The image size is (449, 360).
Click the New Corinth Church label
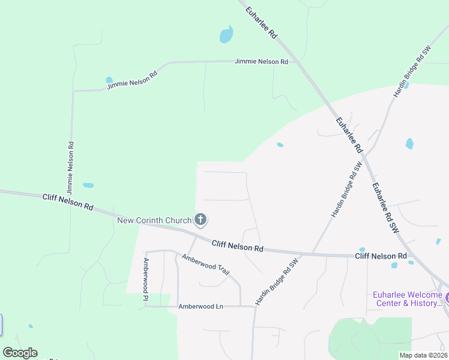pos(154,220)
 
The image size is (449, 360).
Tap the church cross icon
pos(200,220)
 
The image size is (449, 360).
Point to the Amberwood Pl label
pos(145,279)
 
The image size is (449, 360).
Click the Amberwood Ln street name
pos(200,307)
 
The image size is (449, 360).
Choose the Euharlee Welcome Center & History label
pos(407,299)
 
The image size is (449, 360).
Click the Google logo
pos(20,353)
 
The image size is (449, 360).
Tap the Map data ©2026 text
pos(423,355)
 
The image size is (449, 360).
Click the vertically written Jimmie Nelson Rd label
pos(71,167)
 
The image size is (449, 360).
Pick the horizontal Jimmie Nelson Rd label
pos(261,62)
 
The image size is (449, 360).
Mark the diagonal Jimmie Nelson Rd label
pos(132,80)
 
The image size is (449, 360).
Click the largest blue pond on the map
pos(226,35)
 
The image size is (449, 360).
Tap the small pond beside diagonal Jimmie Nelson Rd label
pos(109,79)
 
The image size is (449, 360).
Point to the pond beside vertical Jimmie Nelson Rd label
pos(88,185)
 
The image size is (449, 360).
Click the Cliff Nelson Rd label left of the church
pos(68,202)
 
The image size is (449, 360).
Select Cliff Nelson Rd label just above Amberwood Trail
pos(238,245)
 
